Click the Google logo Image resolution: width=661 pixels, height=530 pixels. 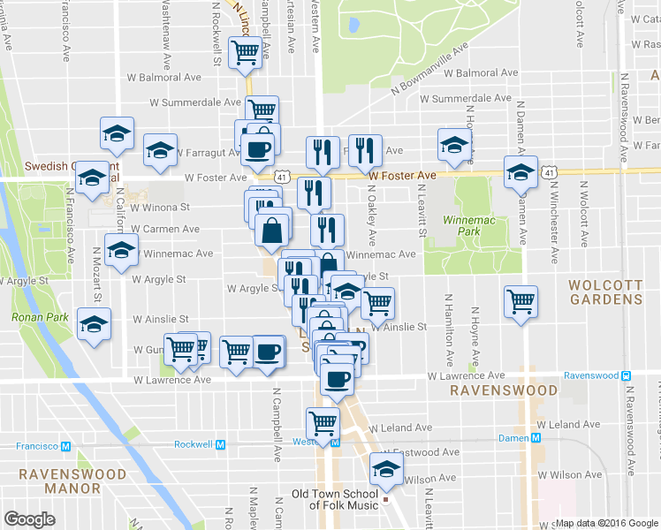click(30, 519)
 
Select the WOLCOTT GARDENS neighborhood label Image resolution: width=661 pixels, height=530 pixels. click(605, 292)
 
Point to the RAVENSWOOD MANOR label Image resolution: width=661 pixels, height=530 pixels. click(61, 481)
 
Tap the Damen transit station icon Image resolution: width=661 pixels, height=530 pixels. click(536, 438)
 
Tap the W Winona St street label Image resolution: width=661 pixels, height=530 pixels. click(160, 208)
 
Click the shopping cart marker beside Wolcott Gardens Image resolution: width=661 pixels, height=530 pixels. click(520, 302)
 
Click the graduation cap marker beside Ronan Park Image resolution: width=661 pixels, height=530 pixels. click(94, 323)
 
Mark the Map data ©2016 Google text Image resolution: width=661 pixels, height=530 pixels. click(606, 522)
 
